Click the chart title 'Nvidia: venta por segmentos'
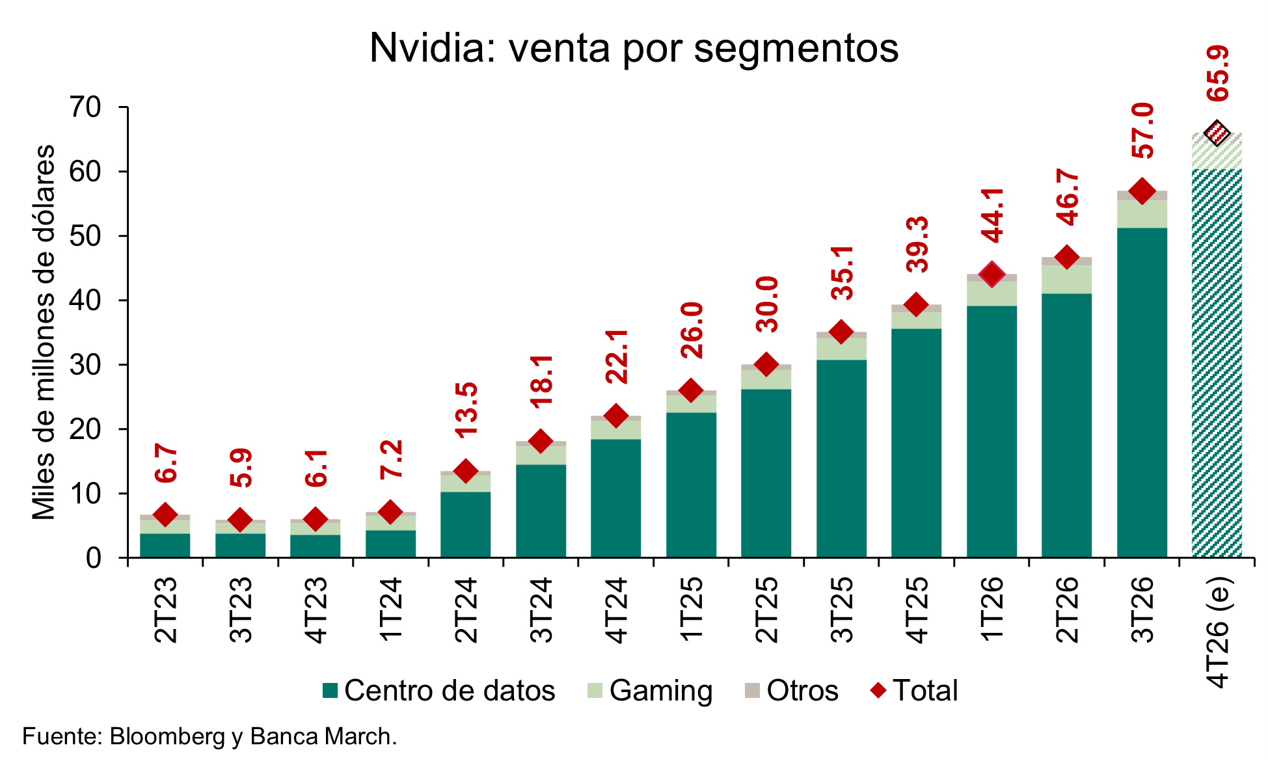point(634,47)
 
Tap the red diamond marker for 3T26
point(1142,191)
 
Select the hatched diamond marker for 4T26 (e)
point(1217,133)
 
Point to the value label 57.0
point(1143,131)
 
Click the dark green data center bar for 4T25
point(916,442)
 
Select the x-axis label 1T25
point(691,610)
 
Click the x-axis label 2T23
point(165,610)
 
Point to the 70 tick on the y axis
point(86,107)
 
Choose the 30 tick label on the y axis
point(86,365)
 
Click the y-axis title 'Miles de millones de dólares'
point(44,332)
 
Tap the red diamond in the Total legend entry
point(879,690)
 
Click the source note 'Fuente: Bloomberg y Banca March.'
point(209,736)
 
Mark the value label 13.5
point(466,409)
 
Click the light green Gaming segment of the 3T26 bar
point(1142,214)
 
